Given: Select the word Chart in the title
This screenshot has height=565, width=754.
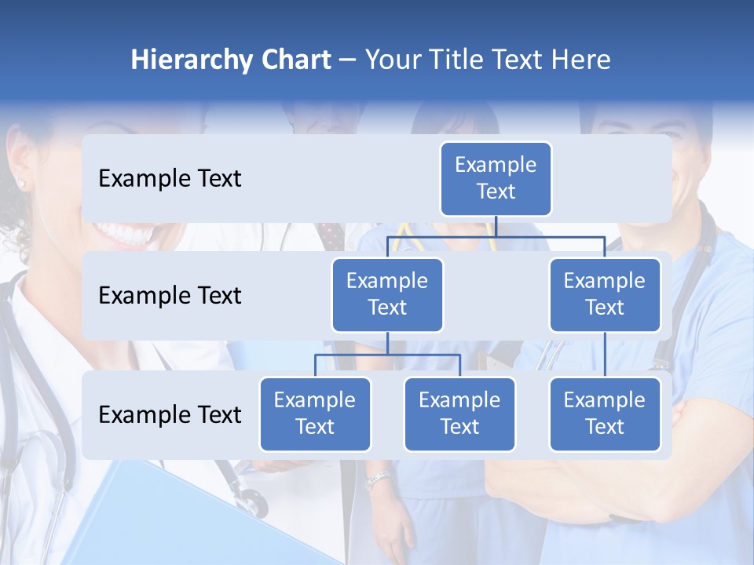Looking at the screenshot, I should point(294,60).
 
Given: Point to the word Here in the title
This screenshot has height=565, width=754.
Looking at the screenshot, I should point(580,60).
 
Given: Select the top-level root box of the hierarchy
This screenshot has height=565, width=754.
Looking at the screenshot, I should point(496,178).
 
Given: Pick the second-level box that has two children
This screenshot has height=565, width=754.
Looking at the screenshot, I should point(387,294).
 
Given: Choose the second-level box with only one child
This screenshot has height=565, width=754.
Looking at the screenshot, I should point(605,294).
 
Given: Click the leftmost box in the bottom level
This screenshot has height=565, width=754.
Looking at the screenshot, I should point(315,414).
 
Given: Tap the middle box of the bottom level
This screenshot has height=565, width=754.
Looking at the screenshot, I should point(459,414).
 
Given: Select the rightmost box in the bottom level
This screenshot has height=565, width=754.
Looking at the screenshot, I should point(605,414).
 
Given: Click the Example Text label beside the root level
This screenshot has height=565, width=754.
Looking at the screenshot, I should point(170,179).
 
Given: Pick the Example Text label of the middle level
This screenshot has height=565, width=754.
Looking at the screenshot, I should point(170,296).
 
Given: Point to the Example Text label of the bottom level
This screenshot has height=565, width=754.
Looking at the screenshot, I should point(170,415).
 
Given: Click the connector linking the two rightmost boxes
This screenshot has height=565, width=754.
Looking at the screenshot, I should point(605,355).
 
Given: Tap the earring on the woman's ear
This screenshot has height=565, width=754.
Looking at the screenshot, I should point(21,184).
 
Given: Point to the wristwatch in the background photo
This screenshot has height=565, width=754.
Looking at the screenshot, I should point(379,479).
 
